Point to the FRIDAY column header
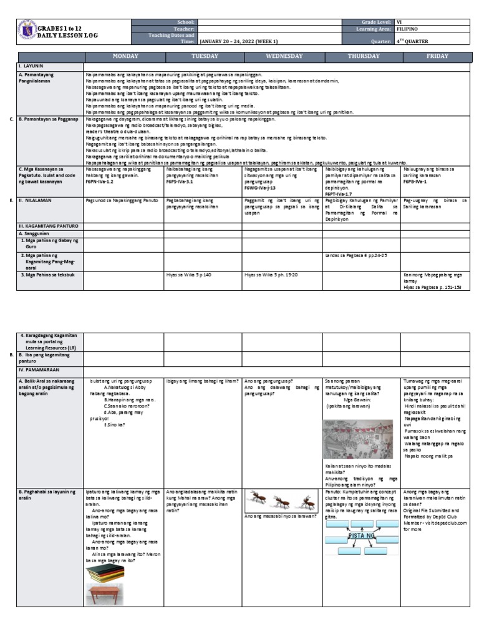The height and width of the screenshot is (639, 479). [x=437, y=56]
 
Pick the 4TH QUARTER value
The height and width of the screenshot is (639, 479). [x=415, y=42]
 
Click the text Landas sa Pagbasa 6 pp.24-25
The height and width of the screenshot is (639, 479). [x=356, y=255]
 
